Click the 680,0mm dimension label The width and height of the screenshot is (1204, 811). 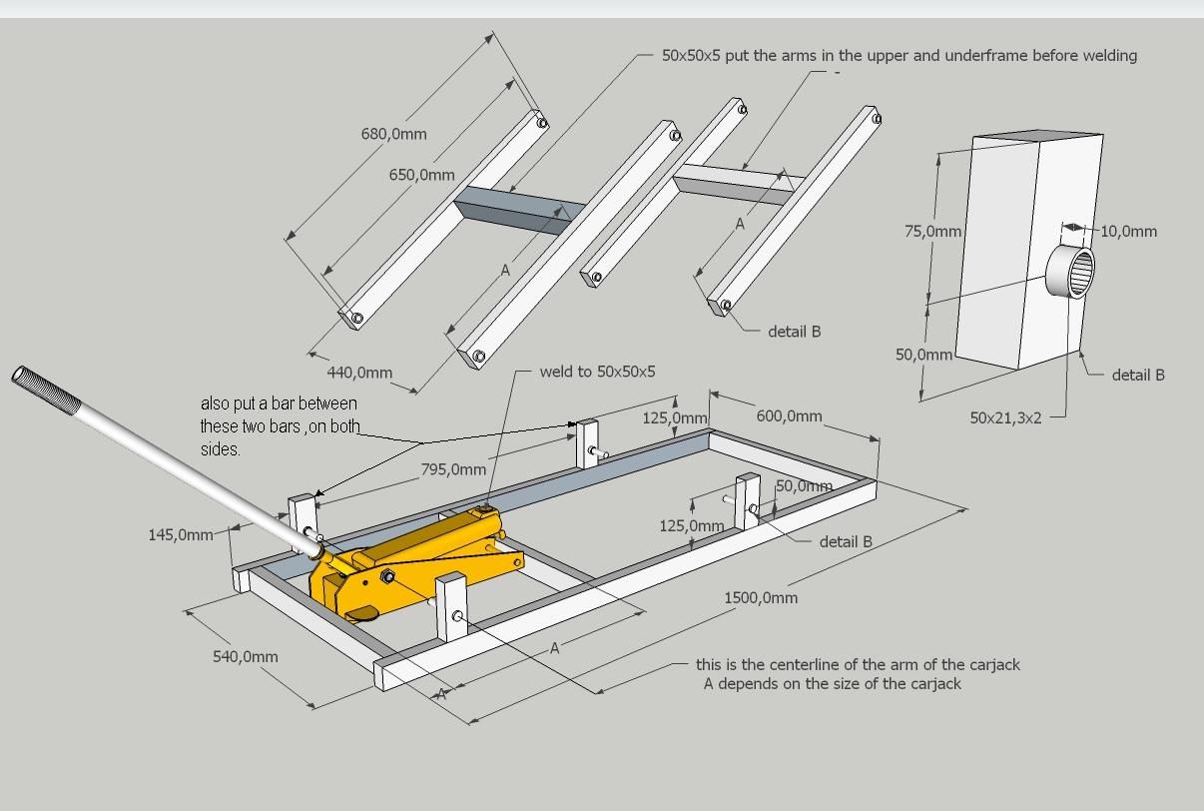[394, 134]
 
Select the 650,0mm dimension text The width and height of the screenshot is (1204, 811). [422, 175]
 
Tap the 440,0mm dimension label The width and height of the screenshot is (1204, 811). [359, 373]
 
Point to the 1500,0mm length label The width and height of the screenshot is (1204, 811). [761, 597]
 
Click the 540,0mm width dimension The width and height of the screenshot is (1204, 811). [246, 656]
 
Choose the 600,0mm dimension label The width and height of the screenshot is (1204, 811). [789, 415]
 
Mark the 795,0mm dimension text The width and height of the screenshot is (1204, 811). [453, 469]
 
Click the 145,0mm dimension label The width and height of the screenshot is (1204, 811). [181, 534]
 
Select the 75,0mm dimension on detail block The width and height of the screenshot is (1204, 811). [932, 232]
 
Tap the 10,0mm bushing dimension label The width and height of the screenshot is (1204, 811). [1129, 232]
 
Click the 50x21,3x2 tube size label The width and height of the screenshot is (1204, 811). [1005, 417]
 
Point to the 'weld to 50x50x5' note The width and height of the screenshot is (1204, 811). [597, 372]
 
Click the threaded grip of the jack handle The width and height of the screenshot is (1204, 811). [46, 390]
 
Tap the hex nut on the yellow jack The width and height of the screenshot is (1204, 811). [387, 576]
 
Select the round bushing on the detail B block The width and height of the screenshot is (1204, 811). [1070, 271]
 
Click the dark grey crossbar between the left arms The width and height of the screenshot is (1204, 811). [519, 210]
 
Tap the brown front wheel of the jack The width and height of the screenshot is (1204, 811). [361, 613]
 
